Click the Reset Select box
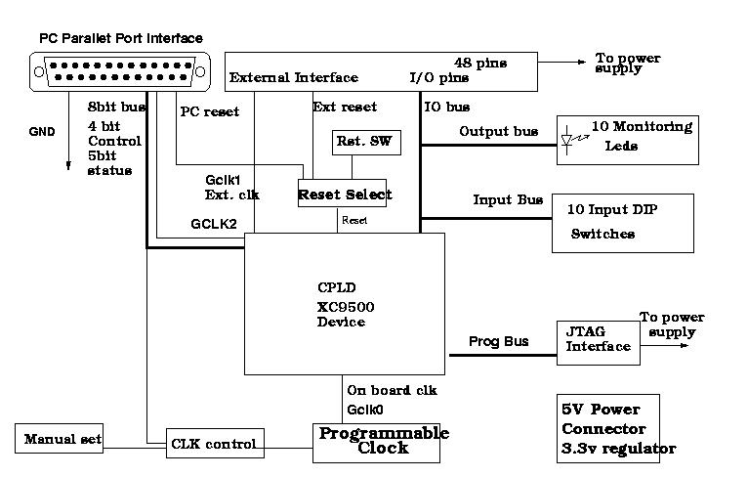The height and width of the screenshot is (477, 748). pyautogui.click(x=345, y=194)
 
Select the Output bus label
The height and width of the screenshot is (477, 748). pyautogui.click(x=498, y=130)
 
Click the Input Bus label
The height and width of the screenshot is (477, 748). pyautogui.click(x=508, y=199)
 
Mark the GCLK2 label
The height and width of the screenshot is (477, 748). pyautogui.click(x=212, y=223)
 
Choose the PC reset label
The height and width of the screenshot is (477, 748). pyautogui.click(x=209, y=111)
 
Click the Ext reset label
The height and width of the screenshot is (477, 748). pyautogui.click(x=344, y=107)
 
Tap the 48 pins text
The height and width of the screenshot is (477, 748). pyautogui.click(x=480, y=63)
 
